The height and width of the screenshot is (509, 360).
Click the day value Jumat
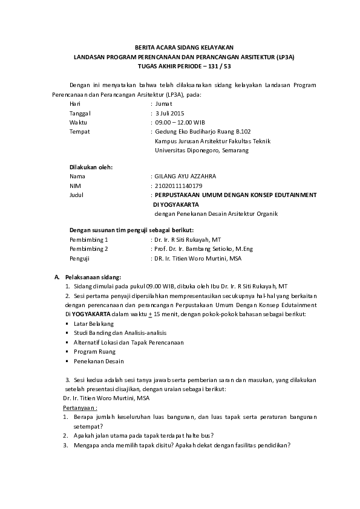click(x=164, y=104)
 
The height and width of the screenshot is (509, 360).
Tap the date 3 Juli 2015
click(x=170, y=113)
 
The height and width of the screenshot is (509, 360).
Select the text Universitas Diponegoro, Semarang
click(x=201, y=150)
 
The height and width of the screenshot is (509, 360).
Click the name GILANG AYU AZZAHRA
click(x=185, y=176)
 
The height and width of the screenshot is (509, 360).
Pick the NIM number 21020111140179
click(x=178, y=186)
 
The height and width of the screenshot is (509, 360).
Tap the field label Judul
click(x=76, y=195)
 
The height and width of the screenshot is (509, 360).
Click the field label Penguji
click(x=79, y=258)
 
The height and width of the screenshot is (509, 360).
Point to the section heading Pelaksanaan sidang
click(x=93, y=277)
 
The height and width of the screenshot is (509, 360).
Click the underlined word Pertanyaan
click(x=79, y=408)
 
